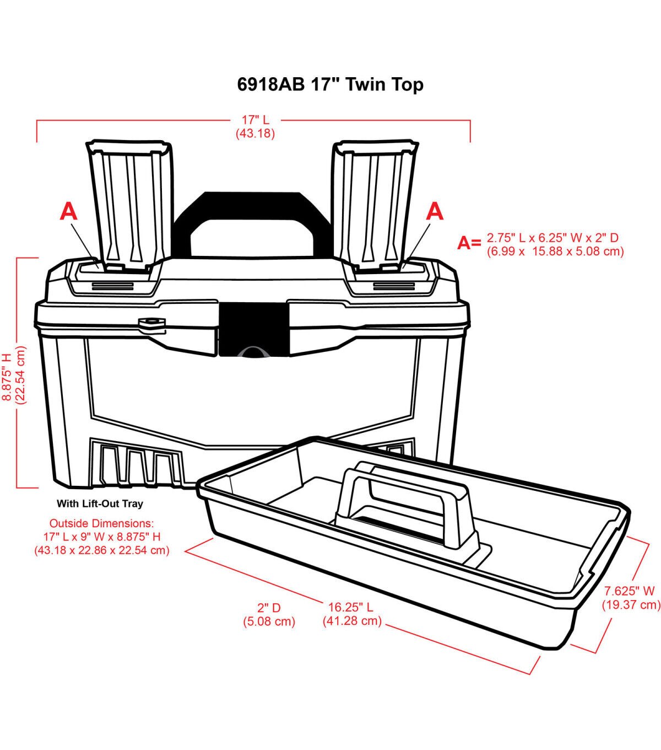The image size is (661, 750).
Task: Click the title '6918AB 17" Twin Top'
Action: pos(330,85)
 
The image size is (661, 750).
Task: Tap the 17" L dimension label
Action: pos(256,120)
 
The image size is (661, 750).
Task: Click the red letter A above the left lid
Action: pos(69,212)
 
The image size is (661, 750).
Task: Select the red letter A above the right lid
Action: pos(435,212)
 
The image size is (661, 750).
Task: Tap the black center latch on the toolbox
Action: pos(252,329)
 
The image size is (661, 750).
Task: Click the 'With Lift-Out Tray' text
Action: pos(100,503)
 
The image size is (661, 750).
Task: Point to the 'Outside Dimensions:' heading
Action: pos(101,523)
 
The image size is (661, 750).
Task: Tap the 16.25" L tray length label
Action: pos(351,607)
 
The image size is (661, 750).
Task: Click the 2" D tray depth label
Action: pos(269,608)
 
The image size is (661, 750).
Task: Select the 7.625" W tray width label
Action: pos(629,591)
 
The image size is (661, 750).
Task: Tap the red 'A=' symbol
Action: pos(469,243)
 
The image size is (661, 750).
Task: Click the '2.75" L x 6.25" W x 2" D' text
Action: pos(552,238)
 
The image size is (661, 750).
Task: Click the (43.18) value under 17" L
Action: pos(255,133)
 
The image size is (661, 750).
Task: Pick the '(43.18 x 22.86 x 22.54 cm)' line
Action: pos(102,550)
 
